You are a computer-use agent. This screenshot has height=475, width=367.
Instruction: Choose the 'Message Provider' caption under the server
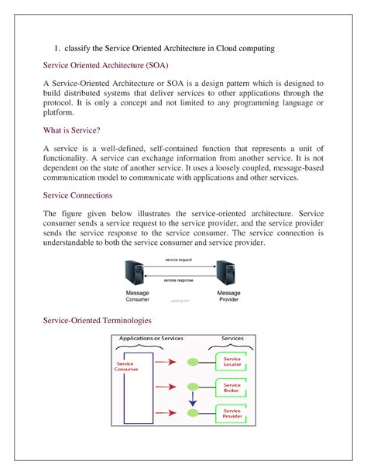coord(228,296)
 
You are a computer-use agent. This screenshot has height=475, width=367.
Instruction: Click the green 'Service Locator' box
coord(232,362)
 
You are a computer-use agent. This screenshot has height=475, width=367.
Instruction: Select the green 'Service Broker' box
coord(232,387)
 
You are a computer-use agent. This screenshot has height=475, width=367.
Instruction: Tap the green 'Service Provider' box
coord(232,415)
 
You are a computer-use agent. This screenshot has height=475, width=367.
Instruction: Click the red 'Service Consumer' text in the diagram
coord(127,367)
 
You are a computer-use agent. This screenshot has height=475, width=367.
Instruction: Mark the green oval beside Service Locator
coord(193,361)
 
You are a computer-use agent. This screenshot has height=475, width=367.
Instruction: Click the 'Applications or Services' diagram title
coord(151,339)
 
